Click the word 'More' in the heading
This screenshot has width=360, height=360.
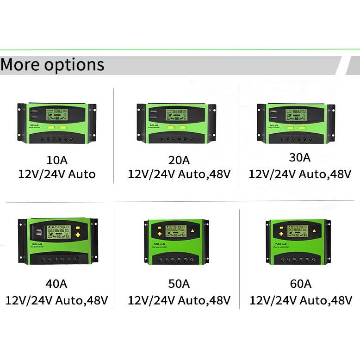pyautogui.click(x=20, y=64)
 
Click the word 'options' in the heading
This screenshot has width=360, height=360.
pyautogui.click(x=74, y=65)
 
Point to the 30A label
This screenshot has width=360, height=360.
pyautogui.click(x=299, y=157)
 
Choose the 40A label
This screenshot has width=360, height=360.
pyautogui.click(x=56, y=284)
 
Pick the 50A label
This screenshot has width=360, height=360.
pyautogui.click(x=179, y=284)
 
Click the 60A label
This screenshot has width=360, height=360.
pyautogui.click(x=300, y=284)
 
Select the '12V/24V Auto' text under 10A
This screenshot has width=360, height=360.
pyautogui.click(x=57, y=174)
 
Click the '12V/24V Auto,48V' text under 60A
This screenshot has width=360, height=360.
pyautogui.click(x=300, y=300)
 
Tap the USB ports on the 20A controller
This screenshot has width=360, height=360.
pyautogui.click(x=153, y=114)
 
